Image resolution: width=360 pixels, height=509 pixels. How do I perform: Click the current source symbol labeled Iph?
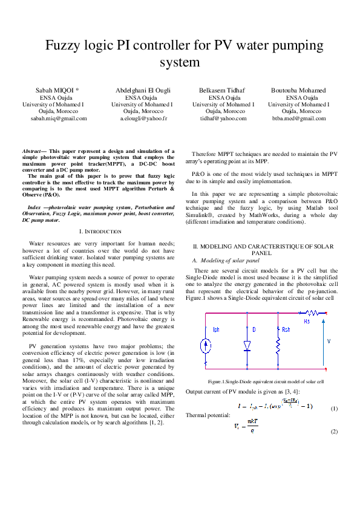click(203, 345)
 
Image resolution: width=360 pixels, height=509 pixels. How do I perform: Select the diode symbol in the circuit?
click(247, 345)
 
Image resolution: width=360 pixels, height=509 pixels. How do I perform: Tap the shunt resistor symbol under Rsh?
click(278, 345)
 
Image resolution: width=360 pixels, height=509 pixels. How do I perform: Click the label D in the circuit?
click(254, 329)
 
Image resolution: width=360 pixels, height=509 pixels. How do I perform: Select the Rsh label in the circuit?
click(286, 330)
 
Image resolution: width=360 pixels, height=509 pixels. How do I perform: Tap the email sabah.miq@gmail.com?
click(59, 118)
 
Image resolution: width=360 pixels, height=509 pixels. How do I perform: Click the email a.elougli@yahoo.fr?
click(143, 118)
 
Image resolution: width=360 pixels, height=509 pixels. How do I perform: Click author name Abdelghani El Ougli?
click(143, 90)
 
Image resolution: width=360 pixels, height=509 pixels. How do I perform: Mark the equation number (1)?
click(334, 409)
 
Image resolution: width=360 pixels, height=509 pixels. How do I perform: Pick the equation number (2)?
click(334, 432)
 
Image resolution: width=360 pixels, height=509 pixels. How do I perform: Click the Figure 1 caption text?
click(265, 381)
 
